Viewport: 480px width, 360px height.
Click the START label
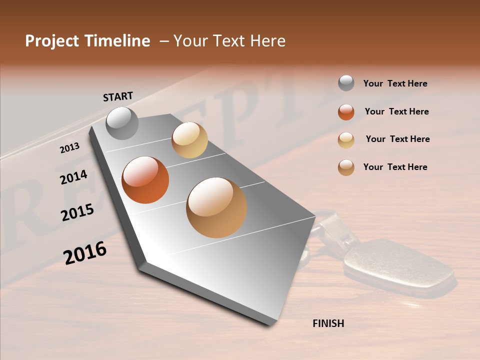[118, 96]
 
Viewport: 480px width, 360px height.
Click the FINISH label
[328, 323]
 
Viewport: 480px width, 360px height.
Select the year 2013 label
[70, 147]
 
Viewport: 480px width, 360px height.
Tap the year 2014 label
[73, 177]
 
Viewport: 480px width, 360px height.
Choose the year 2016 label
[85, 252]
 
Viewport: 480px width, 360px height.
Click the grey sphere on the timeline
[122, 123]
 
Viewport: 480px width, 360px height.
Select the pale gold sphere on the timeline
[189, 140]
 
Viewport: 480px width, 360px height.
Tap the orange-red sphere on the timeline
[145, 180]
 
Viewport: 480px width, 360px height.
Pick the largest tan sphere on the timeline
[216, 207]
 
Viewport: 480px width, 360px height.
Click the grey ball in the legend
[346, 83]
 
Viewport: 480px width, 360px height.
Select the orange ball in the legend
[346, 111]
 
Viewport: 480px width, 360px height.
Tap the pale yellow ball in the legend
[346, 139]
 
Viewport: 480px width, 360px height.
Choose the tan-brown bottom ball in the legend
[346, 167]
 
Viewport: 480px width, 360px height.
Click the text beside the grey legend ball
[395, 83]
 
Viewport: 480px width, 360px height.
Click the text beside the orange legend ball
[396, 111]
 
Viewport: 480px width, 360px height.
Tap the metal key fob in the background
[397, 265]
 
